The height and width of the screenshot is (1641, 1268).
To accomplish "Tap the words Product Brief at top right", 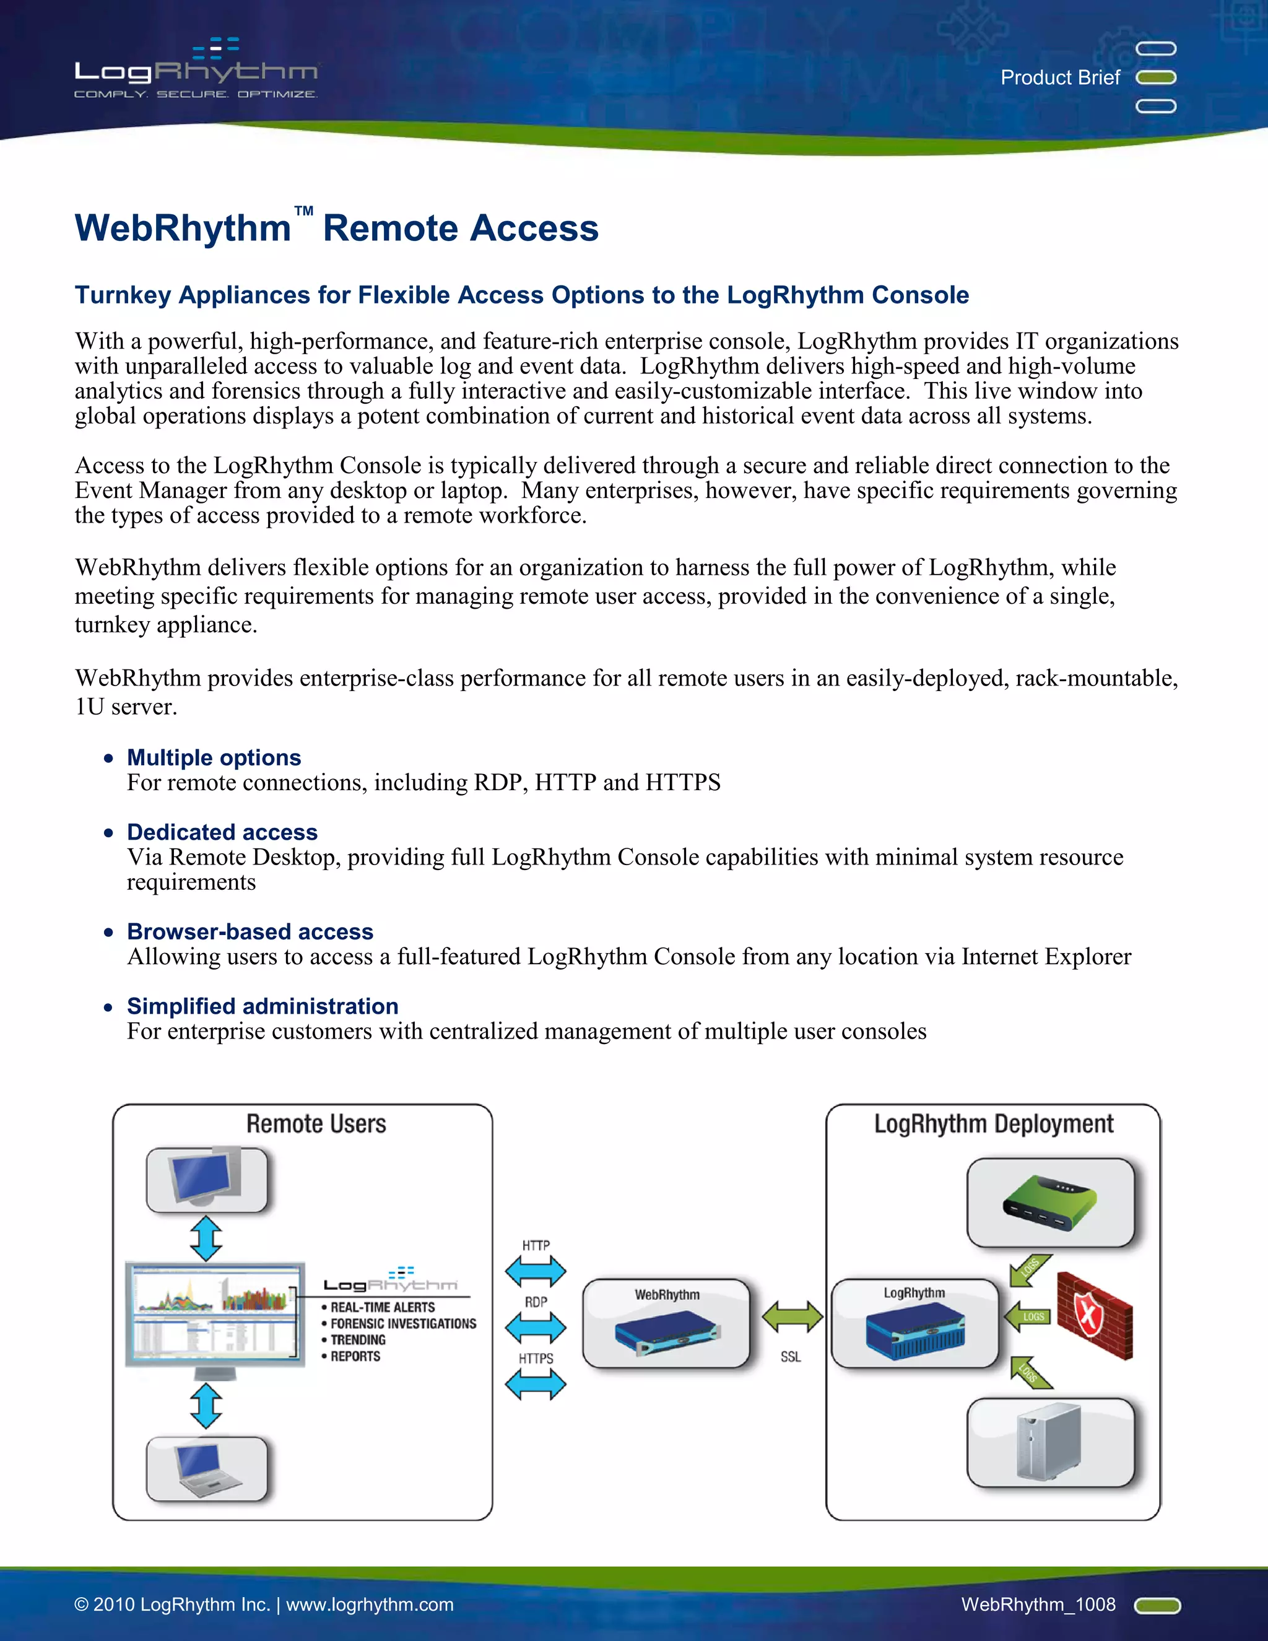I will (1060, 77).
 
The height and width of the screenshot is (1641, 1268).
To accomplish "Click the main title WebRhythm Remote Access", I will (337, 228).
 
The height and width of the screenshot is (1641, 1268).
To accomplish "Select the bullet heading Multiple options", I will (214, 757).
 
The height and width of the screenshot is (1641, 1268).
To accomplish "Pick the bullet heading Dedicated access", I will (222, 832).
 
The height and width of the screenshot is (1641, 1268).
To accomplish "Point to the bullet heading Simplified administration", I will (263, 1006).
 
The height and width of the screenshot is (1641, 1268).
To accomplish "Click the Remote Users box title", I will (316, 1124).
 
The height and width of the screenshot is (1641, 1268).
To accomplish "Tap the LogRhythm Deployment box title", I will (993, 1124).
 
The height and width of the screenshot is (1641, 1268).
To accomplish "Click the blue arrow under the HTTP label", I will (536, 1271).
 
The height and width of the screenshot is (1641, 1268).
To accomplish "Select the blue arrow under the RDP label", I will (536, 1328).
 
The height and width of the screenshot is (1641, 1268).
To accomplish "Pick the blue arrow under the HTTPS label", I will (536, 1384).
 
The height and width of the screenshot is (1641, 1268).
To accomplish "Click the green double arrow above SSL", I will (792, 1317).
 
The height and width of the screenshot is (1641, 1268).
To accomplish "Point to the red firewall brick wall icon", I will (1095, 1315).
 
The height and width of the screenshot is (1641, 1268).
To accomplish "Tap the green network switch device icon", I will (1049, 1202).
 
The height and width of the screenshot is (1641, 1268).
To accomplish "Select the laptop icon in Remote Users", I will (207, 1468).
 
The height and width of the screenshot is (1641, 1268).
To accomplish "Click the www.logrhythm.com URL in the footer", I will (370, 1604).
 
